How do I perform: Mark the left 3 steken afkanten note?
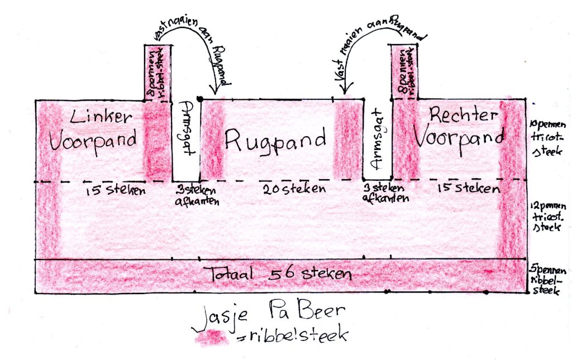pos(187,194)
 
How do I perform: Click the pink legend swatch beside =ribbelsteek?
pos(210,337)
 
